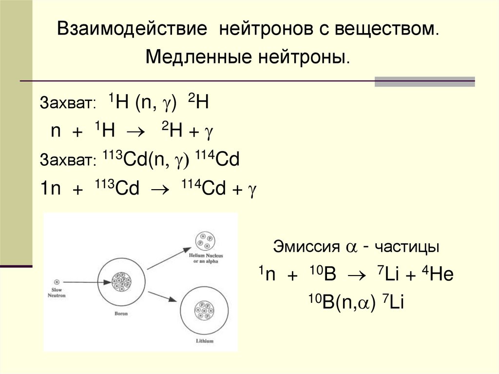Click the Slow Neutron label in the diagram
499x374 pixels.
click(57, 293)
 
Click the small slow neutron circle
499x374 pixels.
click(57, 281)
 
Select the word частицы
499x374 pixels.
click(407, 247)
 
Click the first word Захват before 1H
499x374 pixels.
click(68, 104)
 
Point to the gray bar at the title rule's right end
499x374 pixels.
click(424, 81)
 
